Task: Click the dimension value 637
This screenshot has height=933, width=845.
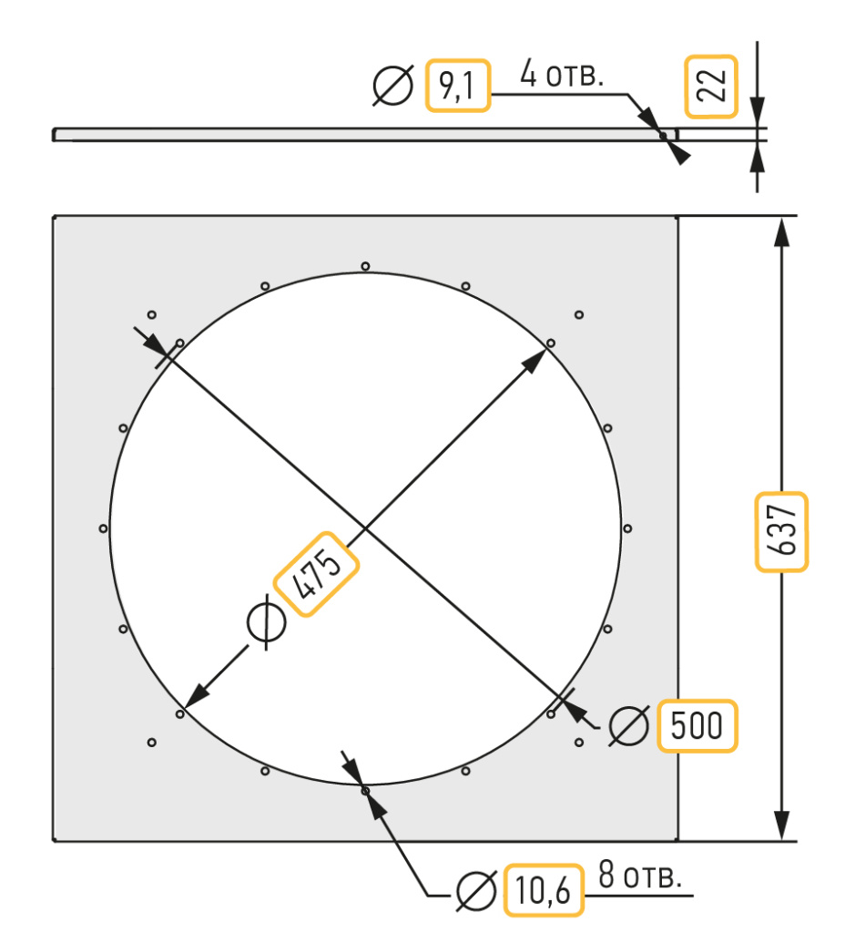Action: pos(781,531)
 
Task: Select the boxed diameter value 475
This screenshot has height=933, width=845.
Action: pos(316,574)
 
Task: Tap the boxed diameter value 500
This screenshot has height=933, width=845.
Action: pos(697,725)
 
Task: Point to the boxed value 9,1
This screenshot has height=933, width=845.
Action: pos(457,85)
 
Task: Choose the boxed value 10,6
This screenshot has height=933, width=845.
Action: pos(543,890)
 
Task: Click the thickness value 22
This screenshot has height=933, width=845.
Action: pos(712,86)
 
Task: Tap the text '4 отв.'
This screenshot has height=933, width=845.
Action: pos(562,74)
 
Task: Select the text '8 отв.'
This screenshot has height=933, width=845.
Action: pos(640,875)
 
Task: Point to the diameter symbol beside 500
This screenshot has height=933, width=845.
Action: pos(628,726)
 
